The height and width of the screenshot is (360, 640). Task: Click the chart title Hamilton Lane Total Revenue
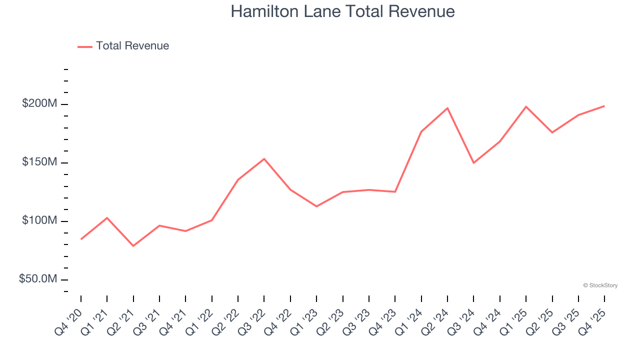[x=342, y=11]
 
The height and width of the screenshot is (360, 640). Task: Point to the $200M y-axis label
[x=39, y=104]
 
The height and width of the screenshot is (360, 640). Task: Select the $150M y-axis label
[x=39, y=162]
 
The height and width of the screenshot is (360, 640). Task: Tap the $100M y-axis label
[x=39, y=220]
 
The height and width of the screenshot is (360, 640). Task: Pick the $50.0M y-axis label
[x=38, y=279]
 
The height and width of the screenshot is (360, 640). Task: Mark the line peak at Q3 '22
[x=264, y=159]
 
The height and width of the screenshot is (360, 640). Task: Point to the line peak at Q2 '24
[x=447, y=108]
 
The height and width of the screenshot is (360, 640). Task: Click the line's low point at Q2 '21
[x=133, y=246]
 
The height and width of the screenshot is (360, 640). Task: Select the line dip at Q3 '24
[x=473, y=163]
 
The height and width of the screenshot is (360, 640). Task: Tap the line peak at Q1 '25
[x=526, y=106]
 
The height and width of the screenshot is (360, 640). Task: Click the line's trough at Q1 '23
[x=316, y=206]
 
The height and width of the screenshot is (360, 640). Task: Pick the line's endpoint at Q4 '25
[x=604, y=106]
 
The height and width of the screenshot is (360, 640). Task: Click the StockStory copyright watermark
[x=600, y=285]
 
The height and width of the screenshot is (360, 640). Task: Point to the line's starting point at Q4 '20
[x=81, y=239]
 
